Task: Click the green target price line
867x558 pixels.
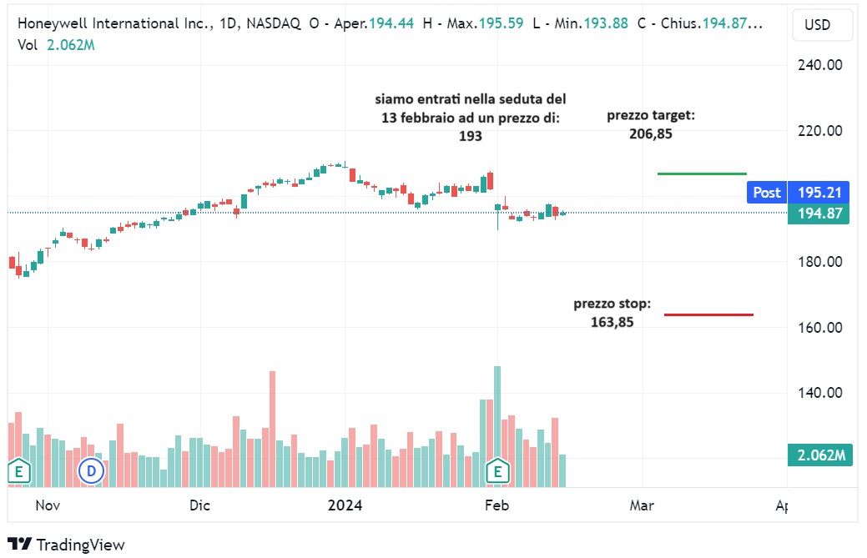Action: pos(702,173)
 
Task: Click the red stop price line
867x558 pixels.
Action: pos(708,314)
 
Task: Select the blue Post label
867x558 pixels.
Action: pos(767,193)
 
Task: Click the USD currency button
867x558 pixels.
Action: pos(817,25)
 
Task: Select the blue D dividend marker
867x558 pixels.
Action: pos(90,472)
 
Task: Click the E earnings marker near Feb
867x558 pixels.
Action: pos(498,472)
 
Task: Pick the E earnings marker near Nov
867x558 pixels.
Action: pos(18,472)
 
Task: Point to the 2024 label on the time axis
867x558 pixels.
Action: pos(345,505)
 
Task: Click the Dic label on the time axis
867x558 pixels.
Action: pos(200,505)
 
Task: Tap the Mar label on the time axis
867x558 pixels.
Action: pos(642,505)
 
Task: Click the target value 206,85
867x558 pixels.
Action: pos(650,133)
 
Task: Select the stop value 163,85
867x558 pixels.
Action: pos(612,321)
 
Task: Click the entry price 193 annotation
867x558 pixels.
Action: pos(471,136)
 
